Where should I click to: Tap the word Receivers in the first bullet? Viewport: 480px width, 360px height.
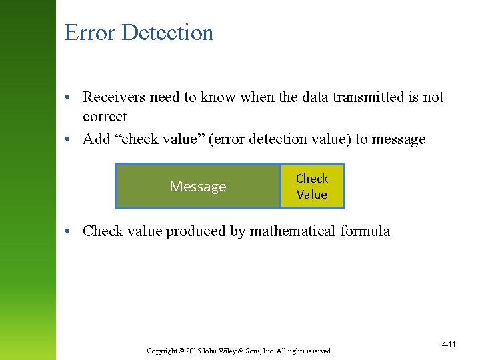(x=114, y=97)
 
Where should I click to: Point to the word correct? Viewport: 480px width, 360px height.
(x=105, y=117)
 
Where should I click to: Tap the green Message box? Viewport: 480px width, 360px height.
(x=197, y=187)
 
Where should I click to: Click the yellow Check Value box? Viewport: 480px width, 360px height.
(x=312, y=187)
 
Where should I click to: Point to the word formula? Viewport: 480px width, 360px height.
(x=365, y=231)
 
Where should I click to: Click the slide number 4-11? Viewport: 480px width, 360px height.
(x=448, y=345)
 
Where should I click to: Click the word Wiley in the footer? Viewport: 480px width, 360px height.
(x=224, y=351)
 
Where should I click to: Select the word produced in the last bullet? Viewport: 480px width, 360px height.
(x=192, y=231)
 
